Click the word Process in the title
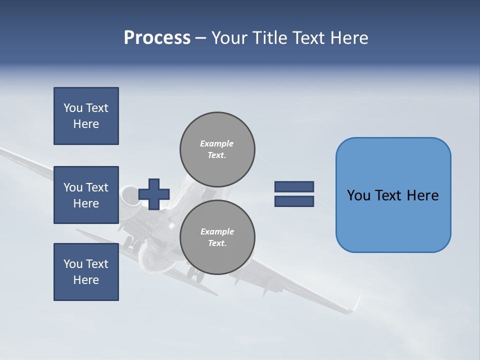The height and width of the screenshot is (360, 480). pos(157,38)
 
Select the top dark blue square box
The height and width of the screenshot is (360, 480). pos(86,116)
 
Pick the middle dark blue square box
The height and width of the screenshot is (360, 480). pos(86,195)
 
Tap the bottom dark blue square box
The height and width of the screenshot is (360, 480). pos(86,272)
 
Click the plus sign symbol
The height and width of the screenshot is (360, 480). pos(154,194)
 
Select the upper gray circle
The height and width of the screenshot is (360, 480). pos(217,149)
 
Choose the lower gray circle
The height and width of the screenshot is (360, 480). pos(217,237)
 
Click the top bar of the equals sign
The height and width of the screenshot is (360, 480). pos(294,186)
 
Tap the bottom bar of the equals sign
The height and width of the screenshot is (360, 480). pos(294,201)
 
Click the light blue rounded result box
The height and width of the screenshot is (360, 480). pos(393,195)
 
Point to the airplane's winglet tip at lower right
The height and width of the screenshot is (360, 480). pos(356,302)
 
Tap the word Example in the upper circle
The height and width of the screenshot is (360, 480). pos(217,143)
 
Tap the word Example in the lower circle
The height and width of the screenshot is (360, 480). pos(217,231)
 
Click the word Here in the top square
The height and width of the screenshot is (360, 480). pos(86,124)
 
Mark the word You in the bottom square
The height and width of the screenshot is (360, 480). pos(72,264)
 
